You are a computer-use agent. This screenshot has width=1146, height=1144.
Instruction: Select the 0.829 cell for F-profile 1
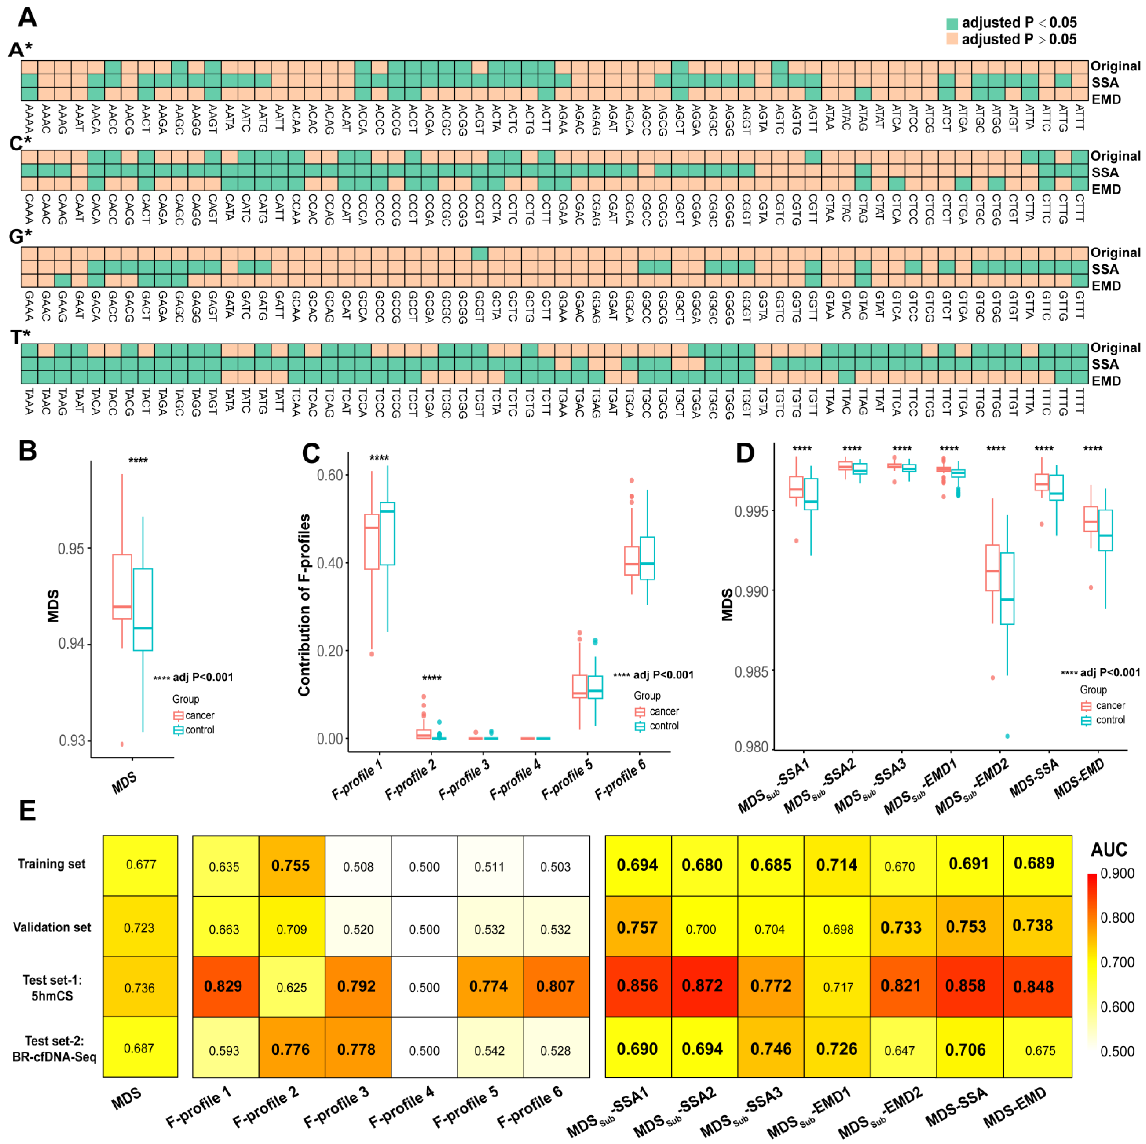coord(224,986)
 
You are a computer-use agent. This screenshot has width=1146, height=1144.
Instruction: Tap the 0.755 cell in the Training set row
coord(291,866)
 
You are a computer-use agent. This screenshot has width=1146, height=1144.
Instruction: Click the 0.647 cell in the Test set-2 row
coord(900,1050)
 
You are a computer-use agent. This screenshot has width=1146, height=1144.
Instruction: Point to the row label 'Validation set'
coord(52,928)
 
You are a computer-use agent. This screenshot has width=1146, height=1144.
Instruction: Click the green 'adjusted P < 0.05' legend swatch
coord(951,24)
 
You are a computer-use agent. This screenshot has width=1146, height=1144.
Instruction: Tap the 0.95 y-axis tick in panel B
coord(71,549)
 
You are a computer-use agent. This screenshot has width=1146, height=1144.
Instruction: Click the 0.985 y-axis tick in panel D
coord(752,672)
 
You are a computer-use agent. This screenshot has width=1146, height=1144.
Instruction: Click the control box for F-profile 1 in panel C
coord(387,533)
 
